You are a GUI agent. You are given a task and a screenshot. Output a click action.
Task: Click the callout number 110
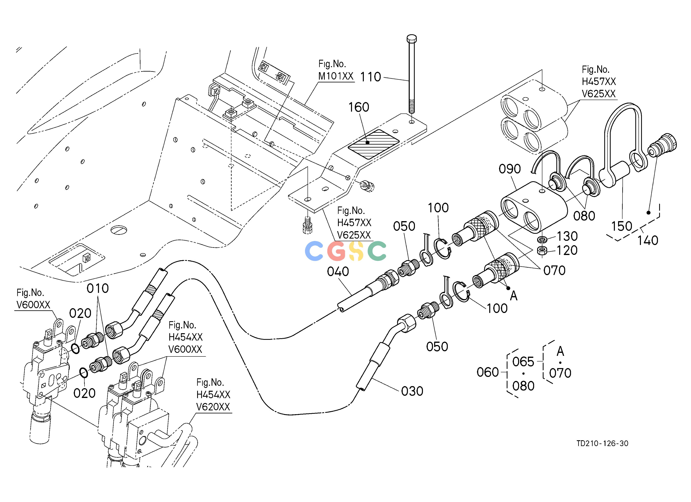click(370, 77)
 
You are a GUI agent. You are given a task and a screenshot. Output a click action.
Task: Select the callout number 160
click(359, 107)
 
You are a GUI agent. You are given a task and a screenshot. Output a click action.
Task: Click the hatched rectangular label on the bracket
click(373, 144)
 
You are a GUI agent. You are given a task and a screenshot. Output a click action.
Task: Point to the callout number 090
click(510, 169)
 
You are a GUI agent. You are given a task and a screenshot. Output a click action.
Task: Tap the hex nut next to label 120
click(542, 251)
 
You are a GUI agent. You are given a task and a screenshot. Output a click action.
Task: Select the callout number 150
click(622, 226)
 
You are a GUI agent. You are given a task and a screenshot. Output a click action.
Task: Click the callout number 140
click(648, 241)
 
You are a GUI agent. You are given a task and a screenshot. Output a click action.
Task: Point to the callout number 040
click(338, 272)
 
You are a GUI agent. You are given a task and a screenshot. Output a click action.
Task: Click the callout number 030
click(412, 391)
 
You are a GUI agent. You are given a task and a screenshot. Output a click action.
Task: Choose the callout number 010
click(98, 288)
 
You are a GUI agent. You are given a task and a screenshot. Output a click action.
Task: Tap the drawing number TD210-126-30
click(602, 443)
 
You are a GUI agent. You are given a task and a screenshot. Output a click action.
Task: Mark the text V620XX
click(213, 407)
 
